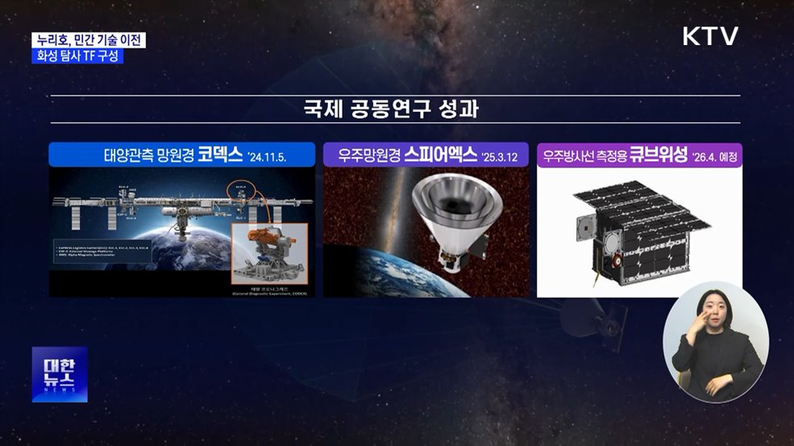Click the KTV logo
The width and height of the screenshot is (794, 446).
point(709,37)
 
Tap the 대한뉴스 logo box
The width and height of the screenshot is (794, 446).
point(59,374)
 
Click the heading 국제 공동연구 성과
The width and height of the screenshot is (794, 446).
point(397,109)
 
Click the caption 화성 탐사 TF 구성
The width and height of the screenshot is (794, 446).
point(78,56)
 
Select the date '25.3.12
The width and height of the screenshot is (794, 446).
point(501,156)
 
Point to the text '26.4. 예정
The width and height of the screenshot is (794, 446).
point(714,156)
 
